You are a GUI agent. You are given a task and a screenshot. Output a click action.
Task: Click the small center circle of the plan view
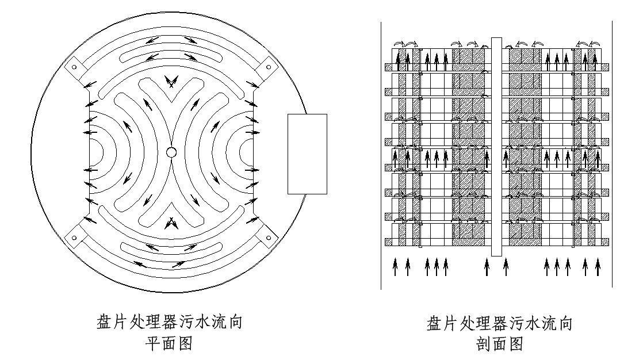click(x=171, y=152)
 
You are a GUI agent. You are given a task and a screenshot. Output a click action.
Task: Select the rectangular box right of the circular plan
click(x=307, y=154)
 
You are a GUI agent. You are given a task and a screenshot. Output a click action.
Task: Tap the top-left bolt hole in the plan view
click(x=74, y=67)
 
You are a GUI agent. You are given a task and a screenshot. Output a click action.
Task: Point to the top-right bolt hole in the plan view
click(x=267, y=67)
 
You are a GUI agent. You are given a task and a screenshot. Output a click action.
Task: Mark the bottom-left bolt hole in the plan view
click(x=74, y=237)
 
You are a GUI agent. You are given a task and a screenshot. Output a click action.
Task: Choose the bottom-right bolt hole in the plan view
click(x=267, y=237)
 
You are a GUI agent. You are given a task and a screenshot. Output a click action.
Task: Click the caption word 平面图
click(x=167, y=344)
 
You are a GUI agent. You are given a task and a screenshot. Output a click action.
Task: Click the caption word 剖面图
click(x=499, y=344)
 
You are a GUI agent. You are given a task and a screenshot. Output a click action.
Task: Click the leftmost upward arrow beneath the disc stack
click(x=396, y=267)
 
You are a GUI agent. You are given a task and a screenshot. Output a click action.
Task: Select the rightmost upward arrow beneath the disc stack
click(x=598, y=267)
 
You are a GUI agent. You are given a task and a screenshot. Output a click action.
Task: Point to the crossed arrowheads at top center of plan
click(x=171, y=81)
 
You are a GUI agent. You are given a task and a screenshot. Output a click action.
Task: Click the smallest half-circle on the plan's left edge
click(x=95, y=152)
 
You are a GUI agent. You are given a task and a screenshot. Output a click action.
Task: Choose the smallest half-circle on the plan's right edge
click(x=247, y=152)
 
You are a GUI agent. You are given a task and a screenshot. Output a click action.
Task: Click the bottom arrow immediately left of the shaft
click(x=487, y=267)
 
